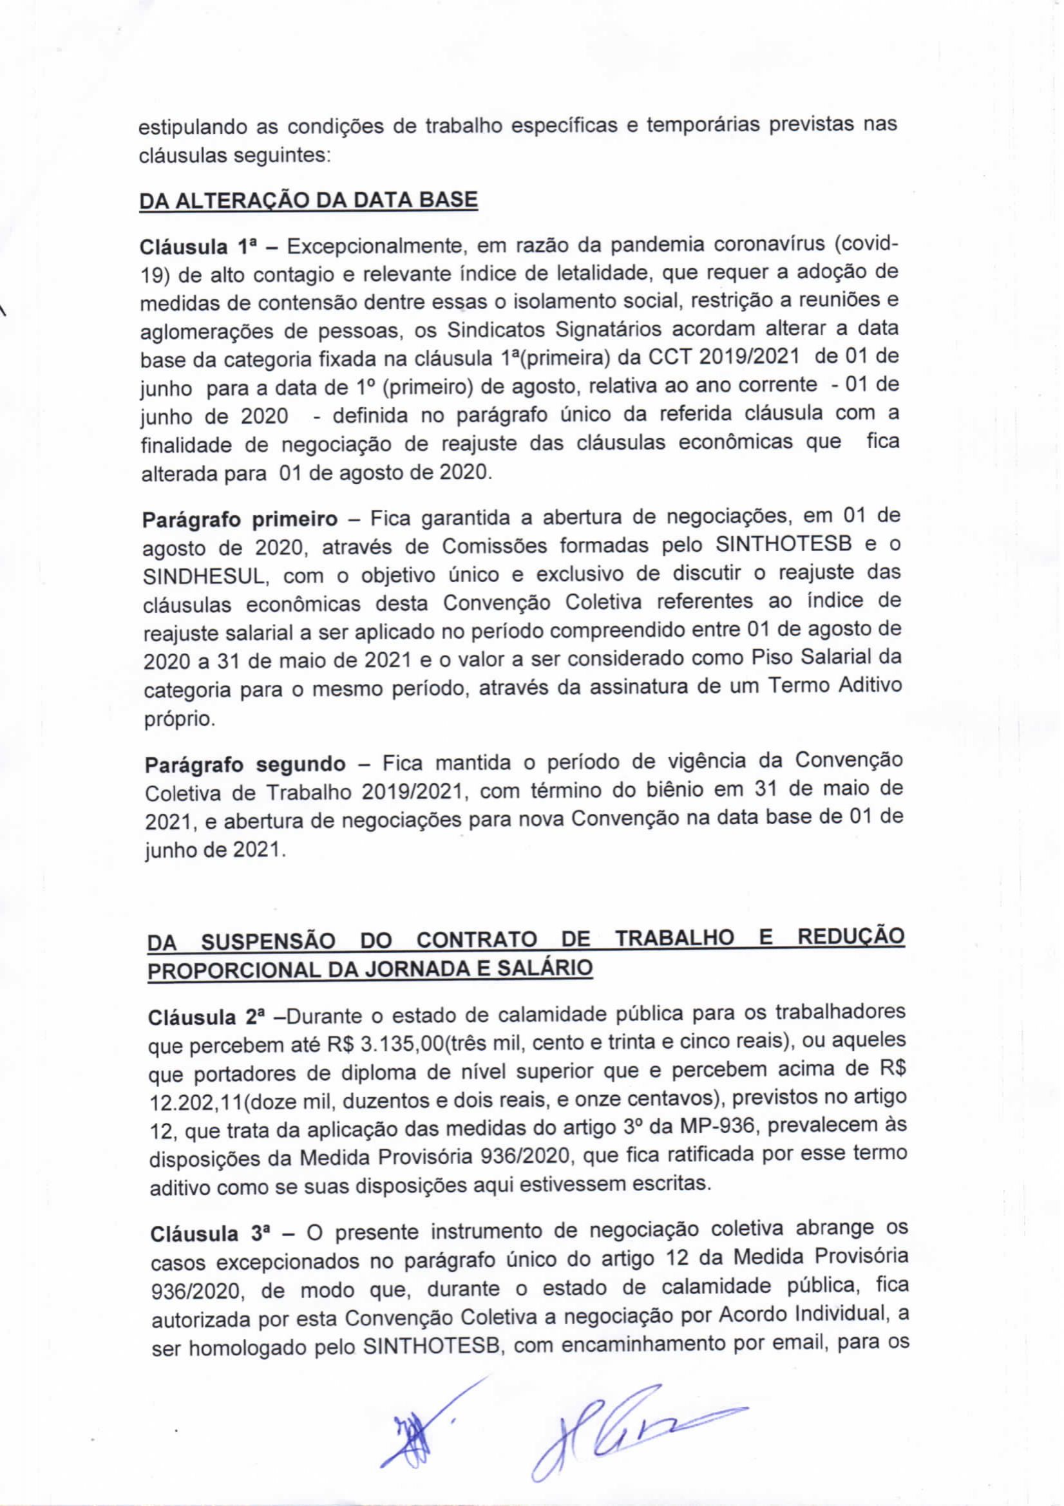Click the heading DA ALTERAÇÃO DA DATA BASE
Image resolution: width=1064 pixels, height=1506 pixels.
[x=309, y=200]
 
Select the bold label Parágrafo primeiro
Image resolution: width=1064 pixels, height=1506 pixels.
[x=240, y=519]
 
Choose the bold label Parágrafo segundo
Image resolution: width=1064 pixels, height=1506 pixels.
[x=245, y=765]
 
